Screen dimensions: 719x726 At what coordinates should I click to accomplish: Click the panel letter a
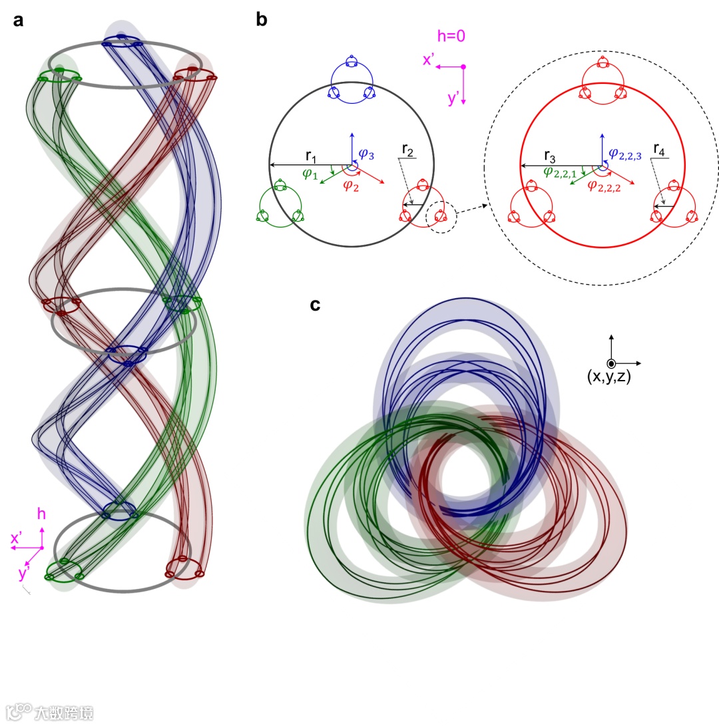pyautogui.click(x=19, y=20)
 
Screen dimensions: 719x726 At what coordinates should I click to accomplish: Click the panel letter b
pyautogui.click(x=262, y=20)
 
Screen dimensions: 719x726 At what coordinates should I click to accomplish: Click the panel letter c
pyautogui.click(x=316, y=305)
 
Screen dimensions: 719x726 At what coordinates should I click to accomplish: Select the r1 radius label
pyautogui.click(x=311, y=156)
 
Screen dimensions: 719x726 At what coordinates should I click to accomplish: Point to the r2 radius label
pyautogui.click(x=408, y=152)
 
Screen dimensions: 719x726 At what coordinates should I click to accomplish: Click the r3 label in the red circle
pyautogui.click(x=551, y=156)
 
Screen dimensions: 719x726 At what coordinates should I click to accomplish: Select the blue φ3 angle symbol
pyautogui.click(x=367, y=154)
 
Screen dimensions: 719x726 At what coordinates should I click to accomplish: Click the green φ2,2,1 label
pyautogui.click(x=561, y=172)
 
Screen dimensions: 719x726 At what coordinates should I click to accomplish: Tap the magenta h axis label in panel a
pyautogui.click(x=41, y=514)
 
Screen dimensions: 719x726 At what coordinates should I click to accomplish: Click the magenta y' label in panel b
pyautogui.click(x=453, y=99)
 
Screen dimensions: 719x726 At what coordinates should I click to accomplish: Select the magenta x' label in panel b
pyautogui.click(x=429, y=60)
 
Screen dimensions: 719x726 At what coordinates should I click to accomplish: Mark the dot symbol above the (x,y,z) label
pyautogui.click(x=611, y=363)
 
